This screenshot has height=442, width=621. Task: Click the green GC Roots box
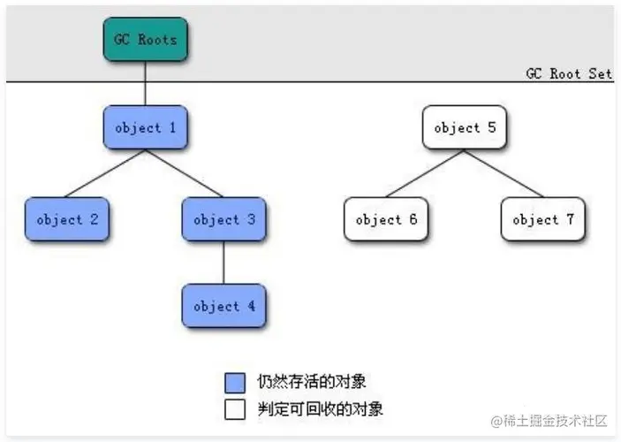point(146,39)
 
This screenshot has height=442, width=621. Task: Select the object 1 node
point(146,127)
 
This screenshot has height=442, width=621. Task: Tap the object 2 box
point(67,219)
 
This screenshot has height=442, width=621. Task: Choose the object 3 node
point(224,219)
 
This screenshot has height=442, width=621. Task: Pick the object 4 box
point(224,306)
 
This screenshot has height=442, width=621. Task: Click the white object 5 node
point(465,127)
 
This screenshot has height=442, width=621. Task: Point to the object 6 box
point(386,219)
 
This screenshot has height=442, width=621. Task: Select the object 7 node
point(543,219)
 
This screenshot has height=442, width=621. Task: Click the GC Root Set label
point(568,73)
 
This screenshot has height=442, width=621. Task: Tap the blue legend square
point(234,383)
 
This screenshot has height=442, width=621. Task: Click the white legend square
point(234,409)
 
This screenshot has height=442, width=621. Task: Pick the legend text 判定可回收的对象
point(319,409)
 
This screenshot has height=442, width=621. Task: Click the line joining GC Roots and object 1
point(146,83)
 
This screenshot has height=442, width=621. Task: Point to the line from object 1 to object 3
point(185,173)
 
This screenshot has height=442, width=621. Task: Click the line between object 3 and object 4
point(224,263)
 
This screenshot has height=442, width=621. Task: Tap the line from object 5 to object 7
point(504,173)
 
